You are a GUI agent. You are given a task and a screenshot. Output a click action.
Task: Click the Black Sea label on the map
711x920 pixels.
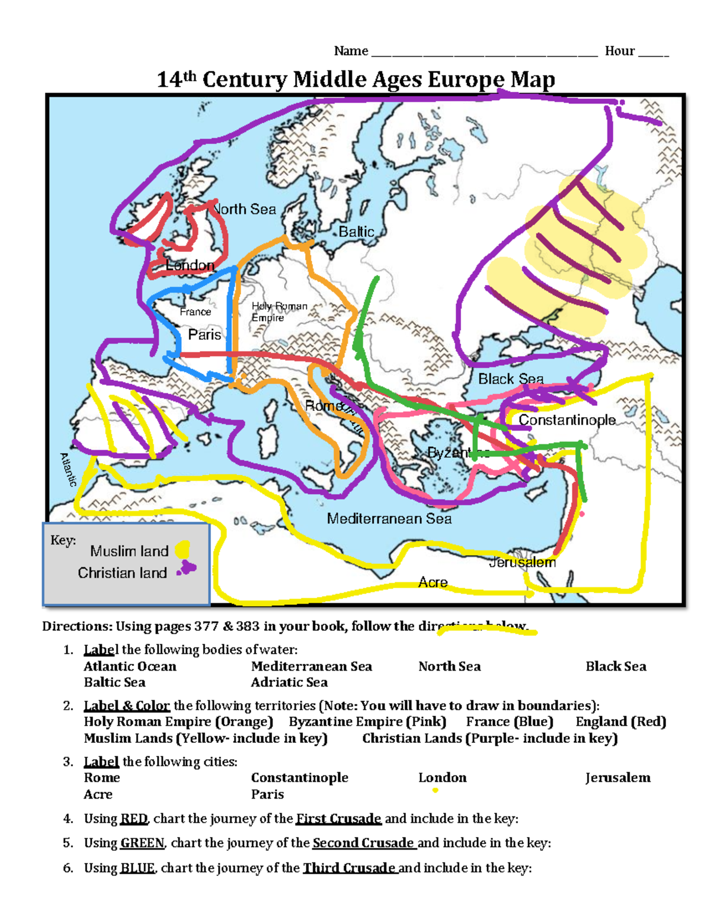(x=511, y=379)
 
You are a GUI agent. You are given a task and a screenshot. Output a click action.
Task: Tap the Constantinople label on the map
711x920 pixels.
(x=567, y=420)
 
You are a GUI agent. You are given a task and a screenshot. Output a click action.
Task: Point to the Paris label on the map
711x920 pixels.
(x=204, y=335)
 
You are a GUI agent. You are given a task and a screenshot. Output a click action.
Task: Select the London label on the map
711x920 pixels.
(x=190, y=265)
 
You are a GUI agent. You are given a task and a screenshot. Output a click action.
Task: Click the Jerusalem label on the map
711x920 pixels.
(x=523, y=562)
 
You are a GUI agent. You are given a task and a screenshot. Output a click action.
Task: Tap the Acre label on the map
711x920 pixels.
(x=433, y=582)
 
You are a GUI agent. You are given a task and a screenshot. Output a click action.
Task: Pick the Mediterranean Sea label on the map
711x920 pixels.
(x=389, y=519)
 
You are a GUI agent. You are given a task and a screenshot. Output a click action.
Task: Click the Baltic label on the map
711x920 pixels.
(x=356, y=232)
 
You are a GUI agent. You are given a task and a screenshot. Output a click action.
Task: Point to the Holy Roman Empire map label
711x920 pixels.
(x=279, y=312)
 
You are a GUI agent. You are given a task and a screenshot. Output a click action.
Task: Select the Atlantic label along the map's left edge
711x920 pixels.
(x=69, y=470)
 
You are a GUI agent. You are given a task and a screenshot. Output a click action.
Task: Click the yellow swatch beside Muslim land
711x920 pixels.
(x=182, y=550)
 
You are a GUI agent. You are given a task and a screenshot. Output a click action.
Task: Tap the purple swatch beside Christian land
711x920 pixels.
(x=187, y=569)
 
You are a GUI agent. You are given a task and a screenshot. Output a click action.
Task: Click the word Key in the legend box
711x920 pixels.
(x=62, y=540)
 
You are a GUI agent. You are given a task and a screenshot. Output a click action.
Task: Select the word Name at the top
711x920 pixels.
(x=351, y=51)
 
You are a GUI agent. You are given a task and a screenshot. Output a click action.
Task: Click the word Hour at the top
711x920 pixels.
(x=620, y=51)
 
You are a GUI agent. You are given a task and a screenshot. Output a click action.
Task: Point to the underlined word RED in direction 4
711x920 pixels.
(x=134, y=819)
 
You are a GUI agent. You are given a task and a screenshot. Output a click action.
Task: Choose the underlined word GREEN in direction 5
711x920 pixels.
(x=142, y=843)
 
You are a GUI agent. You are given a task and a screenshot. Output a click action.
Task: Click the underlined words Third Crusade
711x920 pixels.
(x=349, y=868)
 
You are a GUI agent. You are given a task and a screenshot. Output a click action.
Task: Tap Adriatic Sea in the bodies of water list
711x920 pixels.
(x=289, y=682)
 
